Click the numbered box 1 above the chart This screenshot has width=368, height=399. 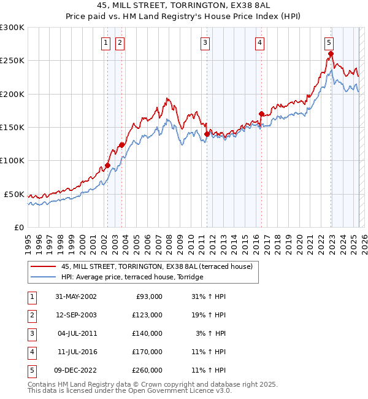(106, 42)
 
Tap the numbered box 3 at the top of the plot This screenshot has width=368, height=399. (204, 42)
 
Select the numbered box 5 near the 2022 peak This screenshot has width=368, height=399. (329, 42)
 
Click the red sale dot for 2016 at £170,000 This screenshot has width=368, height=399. (261, 114)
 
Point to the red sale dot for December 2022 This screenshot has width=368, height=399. (331, 53)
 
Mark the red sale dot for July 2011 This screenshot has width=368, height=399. (207, 133)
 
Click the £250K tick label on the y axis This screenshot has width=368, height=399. (12, 61)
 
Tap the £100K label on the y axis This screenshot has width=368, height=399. (12, 160)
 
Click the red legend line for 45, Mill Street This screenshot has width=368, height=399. (44, 266)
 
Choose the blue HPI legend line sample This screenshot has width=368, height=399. (44, 277)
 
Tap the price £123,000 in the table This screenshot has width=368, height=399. (147, 315)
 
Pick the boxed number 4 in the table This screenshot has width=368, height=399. (30, 352)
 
